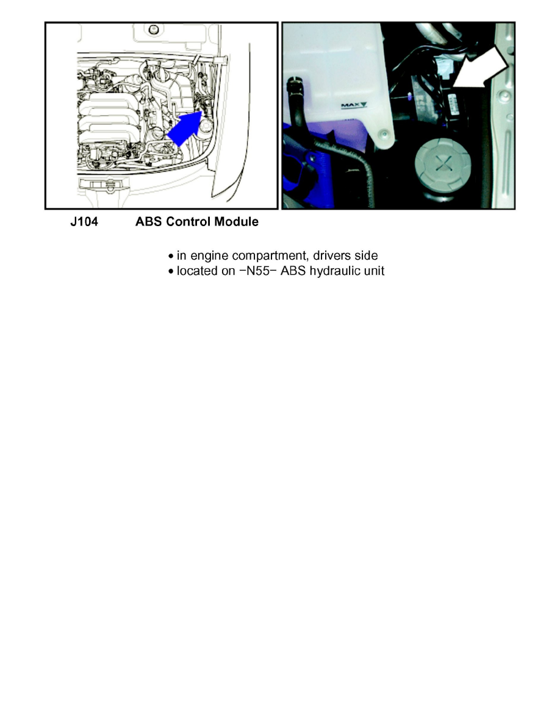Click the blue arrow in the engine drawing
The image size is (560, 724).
pyautogui.click(x=184, y=130)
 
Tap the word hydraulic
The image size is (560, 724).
pyautogui.click(x=335, y=271)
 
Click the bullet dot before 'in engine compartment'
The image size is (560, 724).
pyautogui.click(x=171, y=257)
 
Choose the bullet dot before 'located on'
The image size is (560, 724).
pyautogui.click(x=171, y=272)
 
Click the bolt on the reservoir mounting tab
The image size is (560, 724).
pyautogui.click(x=384, y=133)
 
